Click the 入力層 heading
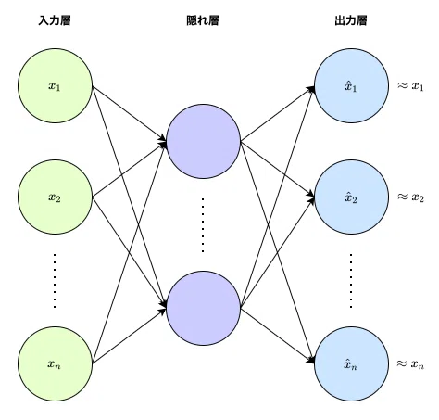tap(55, 20)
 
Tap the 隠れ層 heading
tap(203, 20)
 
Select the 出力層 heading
tap(351, 20)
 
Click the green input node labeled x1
tap(56, 85)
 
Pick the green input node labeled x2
tap(56, 197)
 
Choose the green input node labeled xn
tap(56, 363)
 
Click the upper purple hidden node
tap(204, 141)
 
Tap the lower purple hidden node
tap(204, 308)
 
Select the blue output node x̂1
tap(352, 85)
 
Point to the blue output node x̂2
tap(352, 197)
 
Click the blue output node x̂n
tap(352, 363)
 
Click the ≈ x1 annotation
tap(410, 86)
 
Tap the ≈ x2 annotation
tap(410, 197)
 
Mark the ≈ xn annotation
tap(410, 364)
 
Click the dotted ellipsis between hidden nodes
tap(203, 225)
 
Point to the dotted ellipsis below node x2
tap(55, 281)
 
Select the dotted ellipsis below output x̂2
tap(351, 281)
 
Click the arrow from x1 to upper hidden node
tap(130, 114)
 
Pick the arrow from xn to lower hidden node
tap(130, 336)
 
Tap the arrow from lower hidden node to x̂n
tap(278, 336)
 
